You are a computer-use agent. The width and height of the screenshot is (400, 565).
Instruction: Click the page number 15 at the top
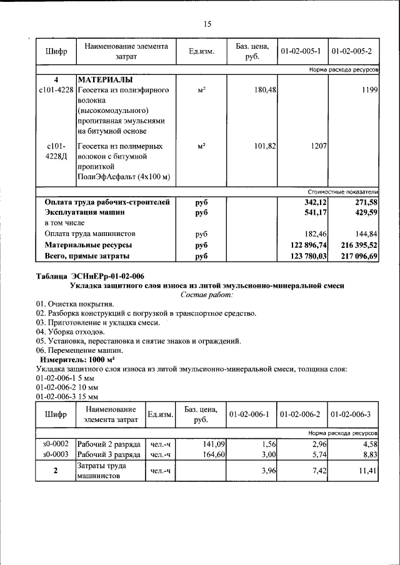pyautogui.click(x=207, y=24)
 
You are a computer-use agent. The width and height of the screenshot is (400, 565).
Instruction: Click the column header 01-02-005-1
pyautogui.click(x=301, y=51)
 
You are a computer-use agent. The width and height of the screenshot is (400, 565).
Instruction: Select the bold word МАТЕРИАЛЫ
pyautogui.click(x=104, y=81)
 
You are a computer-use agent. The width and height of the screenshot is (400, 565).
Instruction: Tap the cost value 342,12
pyautogui.click(x=314, y=203)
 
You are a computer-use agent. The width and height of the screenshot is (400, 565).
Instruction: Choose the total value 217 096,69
pyautogui.click(x=355, y=256)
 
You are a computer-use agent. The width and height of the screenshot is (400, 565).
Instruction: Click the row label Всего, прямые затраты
pyautogui.click(x=87, y=256)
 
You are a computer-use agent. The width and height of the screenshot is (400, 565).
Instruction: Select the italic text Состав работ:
pyautogui.click(x=207, y=294)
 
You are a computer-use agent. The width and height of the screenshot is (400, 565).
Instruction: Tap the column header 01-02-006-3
pyautogui.click(x=351, y=414)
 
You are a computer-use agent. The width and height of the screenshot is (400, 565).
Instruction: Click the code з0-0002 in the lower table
pyautogui.click(x=56, y=444)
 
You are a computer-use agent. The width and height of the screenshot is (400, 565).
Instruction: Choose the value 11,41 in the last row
pyautogui.click(x=369, y=470)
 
